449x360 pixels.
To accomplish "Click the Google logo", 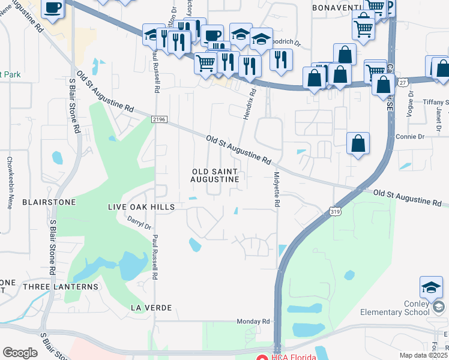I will pos(20,353).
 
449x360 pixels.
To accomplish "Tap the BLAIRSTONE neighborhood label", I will pos(49,202).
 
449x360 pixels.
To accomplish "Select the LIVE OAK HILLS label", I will pos(140,207).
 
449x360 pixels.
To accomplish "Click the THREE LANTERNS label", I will pos(60,287).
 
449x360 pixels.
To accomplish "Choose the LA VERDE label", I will pos(151,308).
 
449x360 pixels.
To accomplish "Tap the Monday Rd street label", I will pos(250,322).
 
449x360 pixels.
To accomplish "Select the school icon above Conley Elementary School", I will pos(430,289).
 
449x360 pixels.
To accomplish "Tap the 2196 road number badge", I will pos(159,120).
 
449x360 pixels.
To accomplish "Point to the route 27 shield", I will pos(403,82).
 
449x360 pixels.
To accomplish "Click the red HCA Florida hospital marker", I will pos(261,358).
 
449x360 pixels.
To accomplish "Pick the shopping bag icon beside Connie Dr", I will pos(358,145).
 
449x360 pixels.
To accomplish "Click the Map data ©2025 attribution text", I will pos(423,355).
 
